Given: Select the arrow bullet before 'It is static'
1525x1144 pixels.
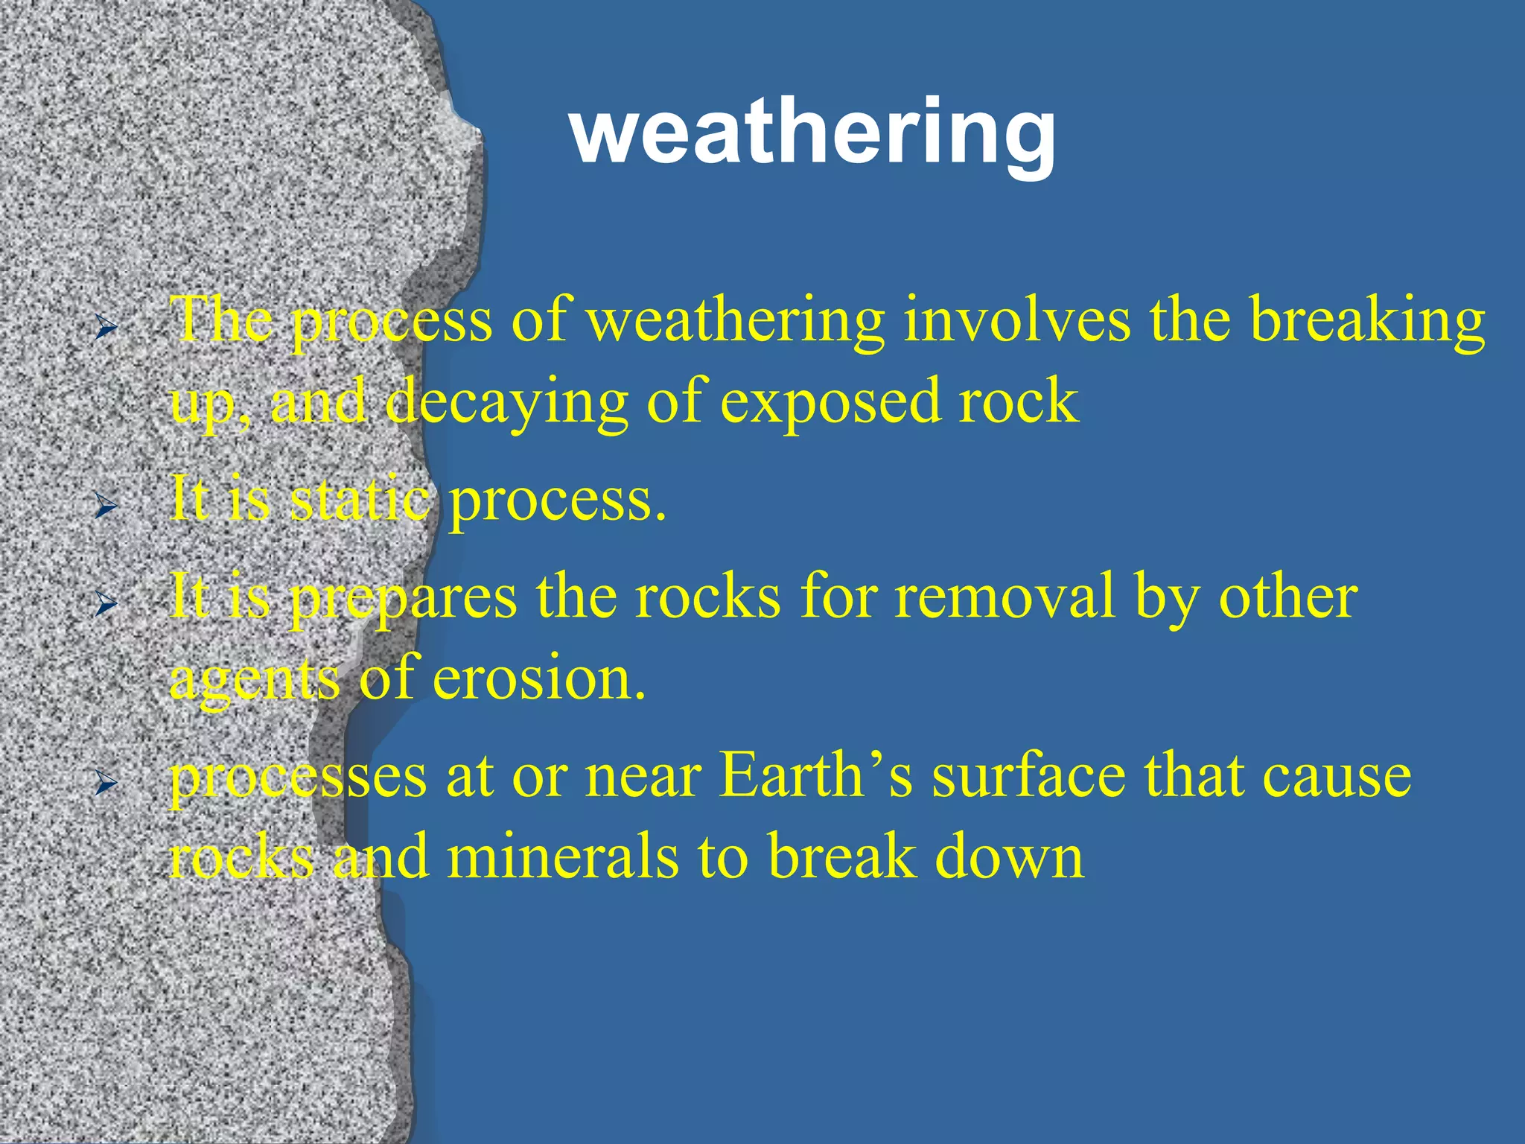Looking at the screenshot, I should pyautogui.click(x=106, y=507).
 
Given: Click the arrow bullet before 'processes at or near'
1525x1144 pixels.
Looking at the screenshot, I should pyautogui.click(x=106, y=783).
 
